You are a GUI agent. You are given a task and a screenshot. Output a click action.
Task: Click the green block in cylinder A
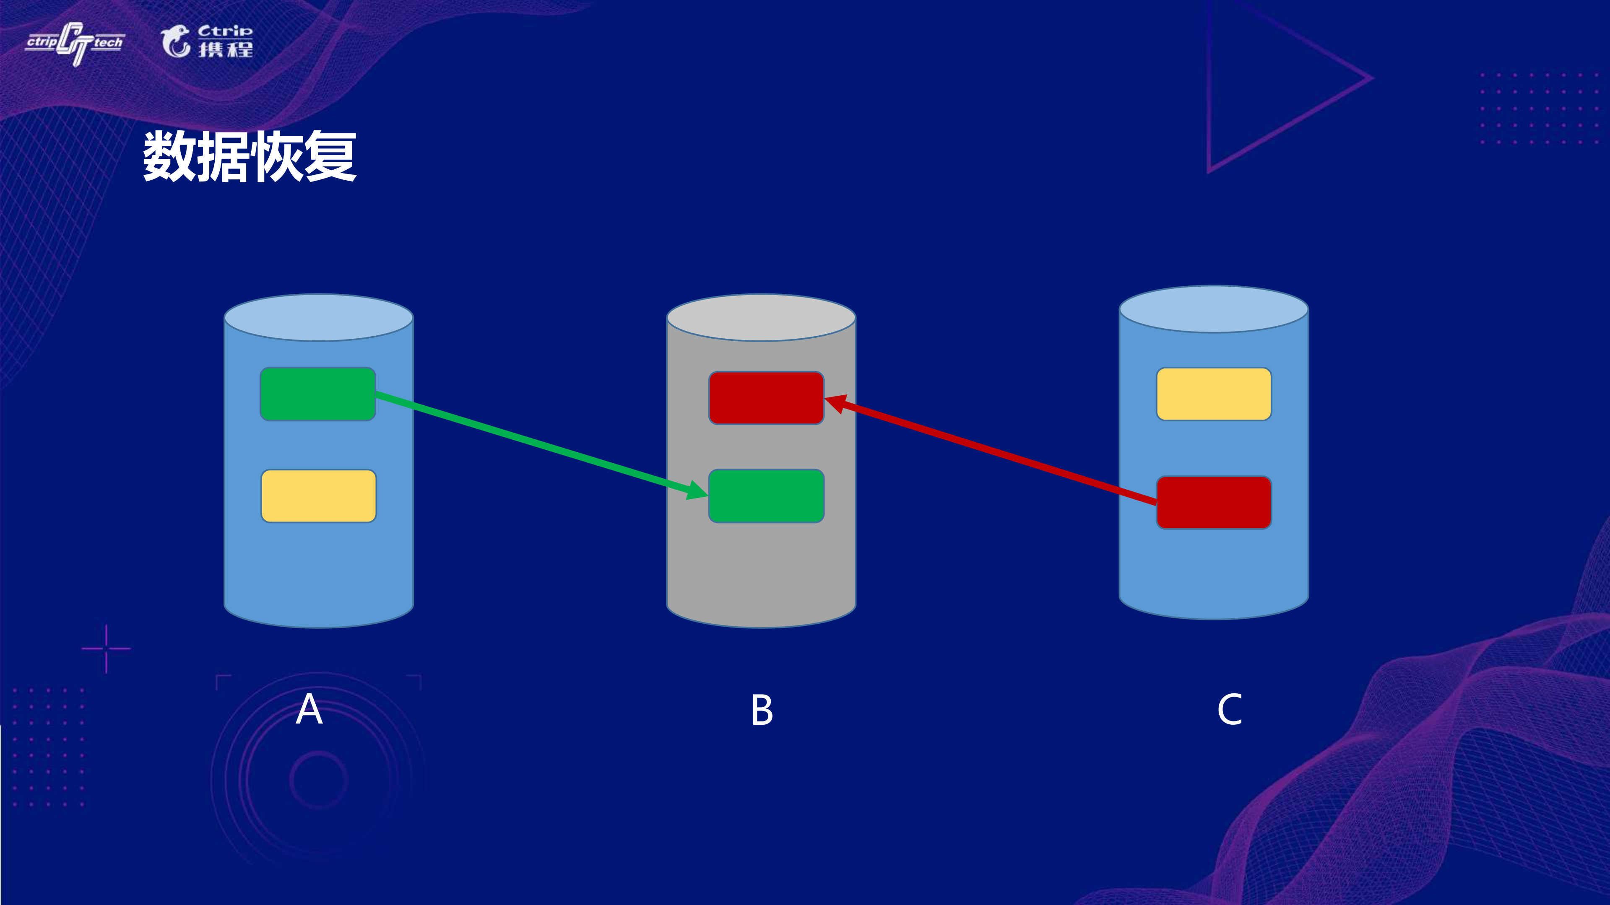coord(317,394)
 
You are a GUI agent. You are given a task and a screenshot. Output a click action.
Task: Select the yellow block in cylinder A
coord(318,496)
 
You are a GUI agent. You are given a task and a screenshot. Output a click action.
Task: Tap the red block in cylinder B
coord(766,398)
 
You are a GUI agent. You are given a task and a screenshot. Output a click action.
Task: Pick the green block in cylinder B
coord(766,496)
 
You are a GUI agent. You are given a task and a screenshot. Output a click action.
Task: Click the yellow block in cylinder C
coord(1213,394)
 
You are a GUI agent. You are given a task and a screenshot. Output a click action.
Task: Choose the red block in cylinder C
coord(1213,502)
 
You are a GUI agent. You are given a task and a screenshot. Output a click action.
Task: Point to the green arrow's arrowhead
coord(697,490)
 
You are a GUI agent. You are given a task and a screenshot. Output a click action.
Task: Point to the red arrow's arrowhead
coord(836,403)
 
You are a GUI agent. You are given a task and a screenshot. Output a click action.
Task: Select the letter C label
coord(1229,710)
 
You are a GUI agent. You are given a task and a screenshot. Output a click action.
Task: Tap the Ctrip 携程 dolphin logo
coord(207,41)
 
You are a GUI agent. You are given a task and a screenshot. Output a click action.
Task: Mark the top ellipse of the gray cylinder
coord(761,318)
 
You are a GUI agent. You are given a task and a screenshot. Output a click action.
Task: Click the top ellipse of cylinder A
coord(318,318)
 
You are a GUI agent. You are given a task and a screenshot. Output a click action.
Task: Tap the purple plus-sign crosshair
coord(106,648)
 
